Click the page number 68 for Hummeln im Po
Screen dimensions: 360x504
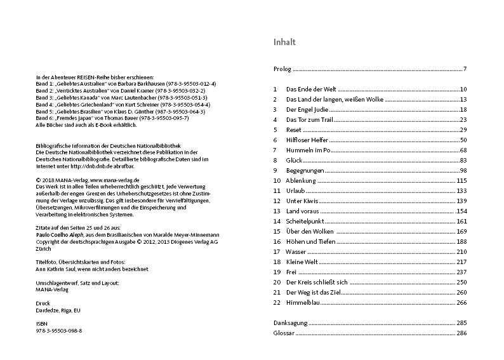(x=463, y=150)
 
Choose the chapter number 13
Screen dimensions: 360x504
(x=276, y=211)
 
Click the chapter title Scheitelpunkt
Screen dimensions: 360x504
(x=305, y=221)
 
